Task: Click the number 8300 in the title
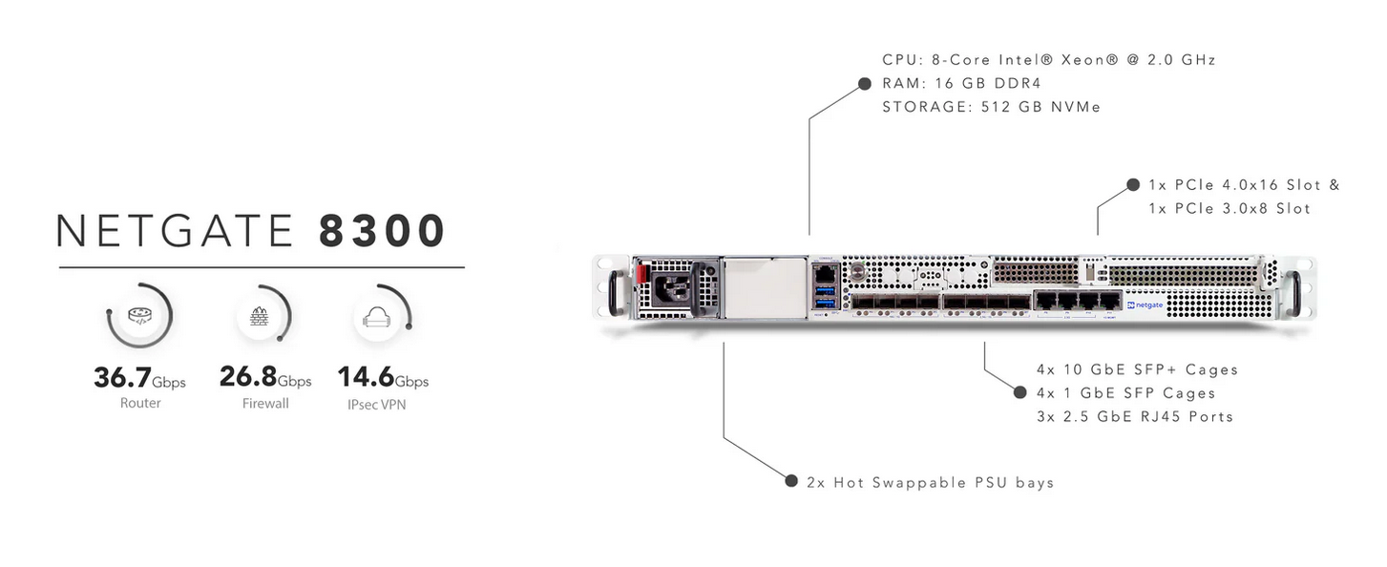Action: (382, 230)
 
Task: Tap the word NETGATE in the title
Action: (176, 230)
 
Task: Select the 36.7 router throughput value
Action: (122, 377)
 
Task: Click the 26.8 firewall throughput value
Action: (248, 376)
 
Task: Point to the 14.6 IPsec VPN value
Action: (366, 376)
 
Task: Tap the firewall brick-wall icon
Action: (259, 316)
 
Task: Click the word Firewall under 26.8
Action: (265, 404)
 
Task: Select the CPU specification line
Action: (1049, 60)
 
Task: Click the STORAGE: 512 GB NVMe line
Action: (992, 107)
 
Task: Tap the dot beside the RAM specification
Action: (865, 84)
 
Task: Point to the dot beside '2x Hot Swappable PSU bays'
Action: (791, 481)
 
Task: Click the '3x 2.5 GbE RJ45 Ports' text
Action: (1136, 416)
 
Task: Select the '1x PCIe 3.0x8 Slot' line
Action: (1229, 209)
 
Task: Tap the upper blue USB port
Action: (825, 289)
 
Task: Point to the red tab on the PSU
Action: (641, 273)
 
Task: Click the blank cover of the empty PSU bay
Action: (766, 288)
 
